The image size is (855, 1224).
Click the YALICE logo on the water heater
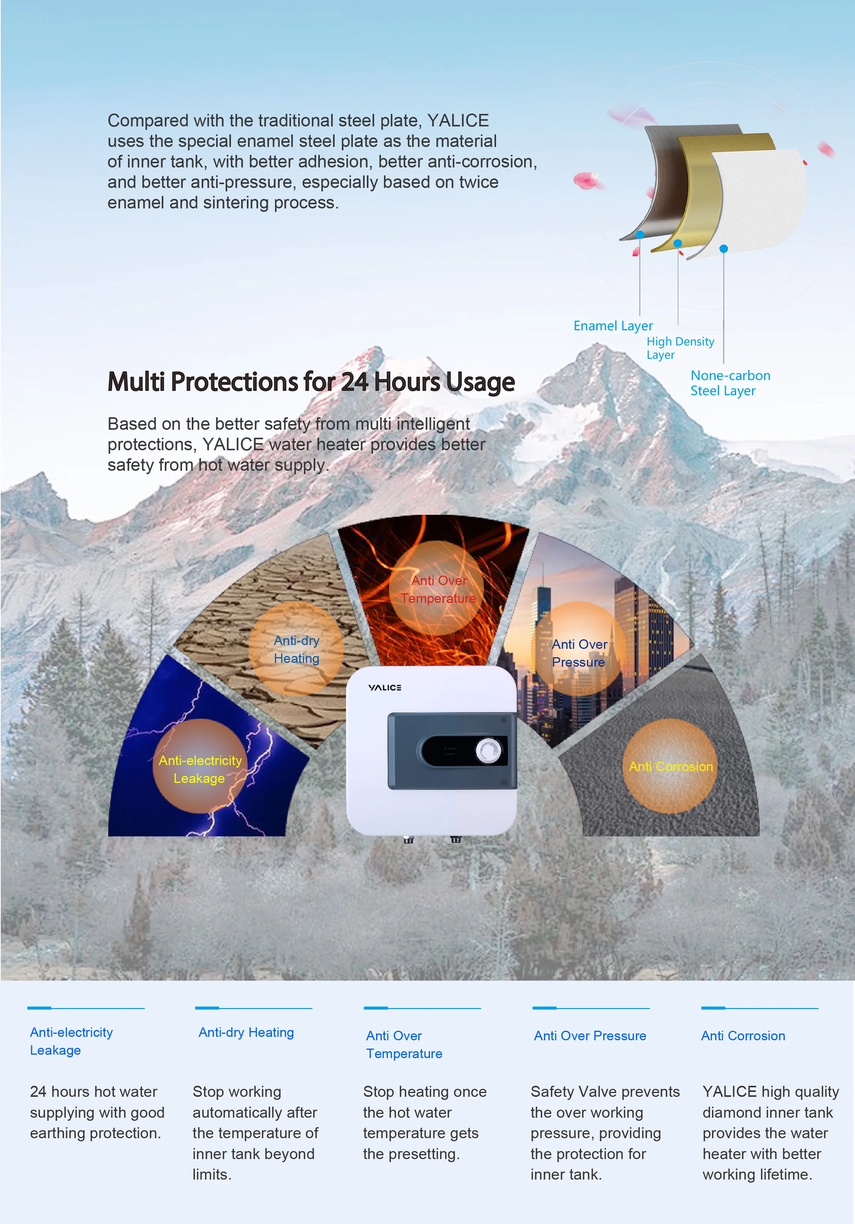(384, 688)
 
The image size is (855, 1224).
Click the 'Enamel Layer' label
(613, 326)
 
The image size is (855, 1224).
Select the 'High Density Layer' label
(680, 348)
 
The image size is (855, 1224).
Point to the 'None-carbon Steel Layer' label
(730, 383)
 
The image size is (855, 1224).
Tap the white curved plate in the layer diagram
(763, 203)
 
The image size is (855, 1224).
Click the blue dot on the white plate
(723, 249)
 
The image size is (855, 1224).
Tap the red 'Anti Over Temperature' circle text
(438, 589)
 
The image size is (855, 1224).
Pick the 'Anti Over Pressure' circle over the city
(579, 653)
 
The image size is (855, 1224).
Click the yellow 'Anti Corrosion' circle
(670, 766)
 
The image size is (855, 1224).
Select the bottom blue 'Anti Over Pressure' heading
(590, 1035)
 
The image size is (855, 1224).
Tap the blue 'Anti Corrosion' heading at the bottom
(743, 1035)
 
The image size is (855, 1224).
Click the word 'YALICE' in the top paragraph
(458, 120)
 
